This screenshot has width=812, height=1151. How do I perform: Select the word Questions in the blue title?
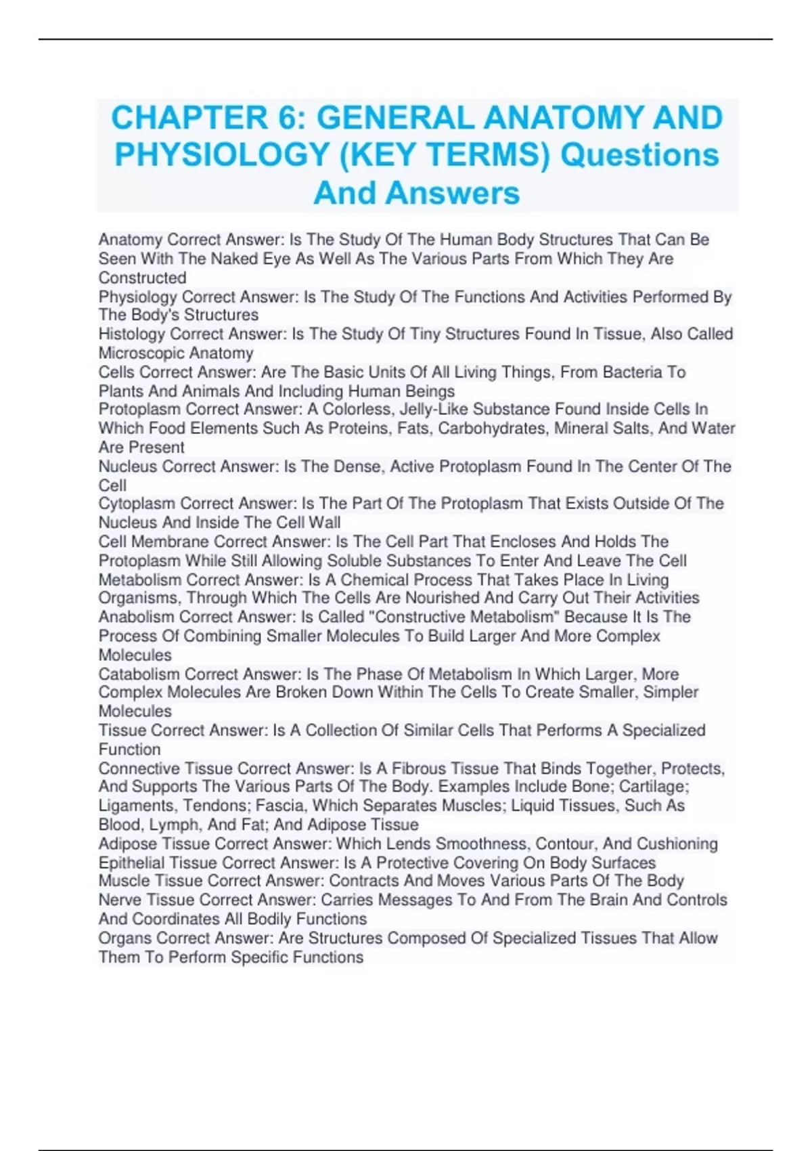click(639, 155)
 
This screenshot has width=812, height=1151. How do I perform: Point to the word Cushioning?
click(677, 844)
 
